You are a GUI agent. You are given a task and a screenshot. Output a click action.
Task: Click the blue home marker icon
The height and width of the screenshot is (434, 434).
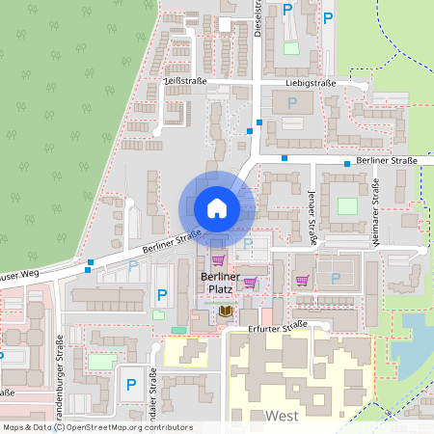pos(217,207)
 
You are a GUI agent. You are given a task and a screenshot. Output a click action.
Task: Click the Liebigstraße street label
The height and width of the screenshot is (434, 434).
pos(311,84)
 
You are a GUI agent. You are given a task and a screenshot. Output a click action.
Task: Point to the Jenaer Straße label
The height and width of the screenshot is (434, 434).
pos(314,204)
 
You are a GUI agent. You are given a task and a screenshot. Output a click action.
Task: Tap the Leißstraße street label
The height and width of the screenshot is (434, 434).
pos(185,82)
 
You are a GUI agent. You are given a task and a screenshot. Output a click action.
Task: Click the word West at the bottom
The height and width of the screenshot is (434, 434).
pos(281,415)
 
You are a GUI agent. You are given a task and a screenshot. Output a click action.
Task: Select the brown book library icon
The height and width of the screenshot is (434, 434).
pos(225,311)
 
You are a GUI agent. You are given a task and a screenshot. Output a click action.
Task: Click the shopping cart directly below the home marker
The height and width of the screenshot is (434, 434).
pos(217,259)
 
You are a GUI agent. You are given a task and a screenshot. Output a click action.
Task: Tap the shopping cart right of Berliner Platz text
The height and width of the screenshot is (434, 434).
pos(250,283)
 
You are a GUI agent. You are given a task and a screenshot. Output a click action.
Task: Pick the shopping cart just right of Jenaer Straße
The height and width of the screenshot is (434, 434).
pos(302,281)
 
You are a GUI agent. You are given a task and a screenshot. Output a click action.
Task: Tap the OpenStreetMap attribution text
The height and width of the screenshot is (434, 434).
pos(96,427)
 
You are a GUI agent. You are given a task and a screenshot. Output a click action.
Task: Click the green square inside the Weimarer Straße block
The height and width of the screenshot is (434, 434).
pos(346,205)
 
